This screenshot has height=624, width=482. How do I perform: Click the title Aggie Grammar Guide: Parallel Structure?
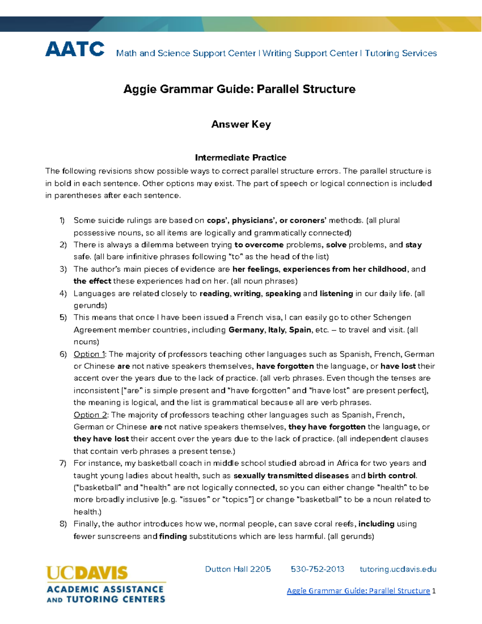pyautogui.click(x=239, y=89)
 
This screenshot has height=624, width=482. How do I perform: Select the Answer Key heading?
pyautogui.click(x=241, y=124)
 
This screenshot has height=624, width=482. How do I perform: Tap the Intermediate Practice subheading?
pyautogui.click(x=241, y=158)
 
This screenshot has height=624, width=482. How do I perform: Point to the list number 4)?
pyautogui.click(x=63, y=293)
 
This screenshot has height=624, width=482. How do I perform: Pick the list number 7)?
pyautogui.click(x=63, y=463)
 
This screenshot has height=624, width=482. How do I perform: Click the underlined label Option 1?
pyautogui.click(x=89, y=354)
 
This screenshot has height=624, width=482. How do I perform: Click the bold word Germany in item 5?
pyautogui.click(x=246, y=330)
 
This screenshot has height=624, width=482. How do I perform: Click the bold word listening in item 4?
pyautogui.click(x=336, y=293)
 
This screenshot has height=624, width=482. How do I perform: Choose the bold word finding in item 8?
pyautogui.click(x=173, y=536)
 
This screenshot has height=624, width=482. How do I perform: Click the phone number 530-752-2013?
pyautogui.click(x=317, y=569)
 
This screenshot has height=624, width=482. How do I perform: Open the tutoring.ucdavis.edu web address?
pyautogui.click(x=398, y=569)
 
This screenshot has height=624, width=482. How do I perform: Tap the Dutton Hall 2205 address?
pyautogui.click(x=238, y=569)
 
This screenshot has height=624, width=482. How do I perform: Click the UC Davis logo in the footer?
pyautogui.click(x=106, y=584)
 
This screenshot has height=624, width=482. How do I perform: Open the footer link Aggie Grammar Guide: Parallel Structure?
pyautogui.click(x=358, y=591)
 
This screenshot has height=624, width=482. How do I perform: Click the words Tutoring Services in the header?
pyautogui.click(x=400, y=53)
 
